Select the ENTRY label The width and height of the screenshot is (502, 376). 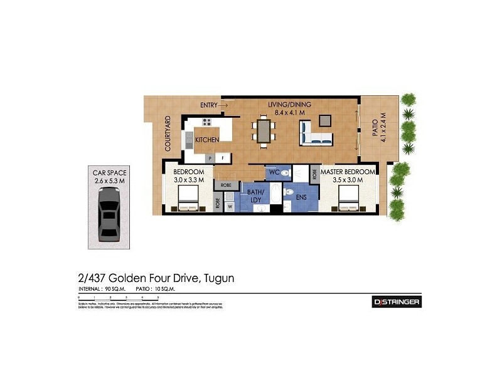coord(209,105)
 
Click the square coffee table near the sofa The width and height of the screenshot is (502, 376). coord(325,120)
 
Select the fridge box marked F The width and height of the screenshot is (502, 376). coord(223,159)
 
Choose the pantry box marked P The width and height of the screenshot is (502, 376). coord(210,159)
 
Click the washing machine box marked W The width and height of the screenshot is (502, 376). coord(230,206)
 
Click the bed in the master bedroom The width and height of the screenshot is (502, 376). coord(349,201)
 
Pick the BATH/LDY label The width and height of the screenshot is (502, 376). coord(255,196)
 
